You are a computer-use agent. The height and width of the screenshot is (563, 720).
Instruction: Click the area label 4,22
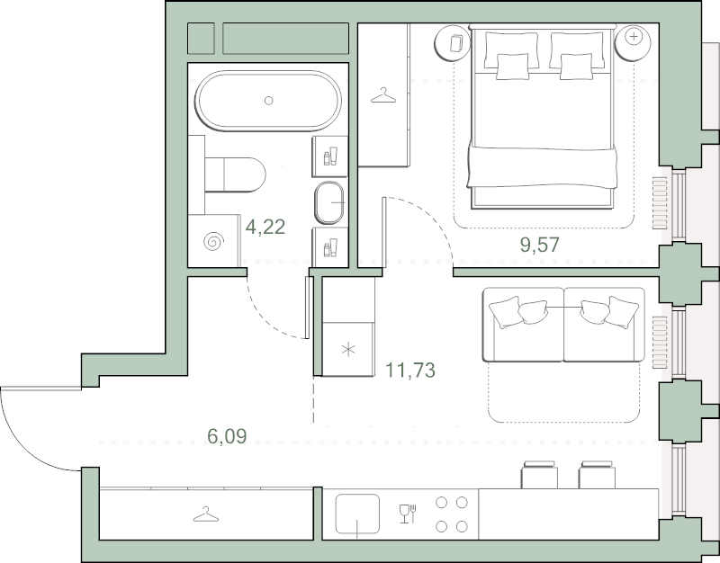pos(265,227)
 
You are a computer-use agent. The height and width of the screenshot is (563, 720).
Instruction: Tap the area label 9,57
pos(539,245)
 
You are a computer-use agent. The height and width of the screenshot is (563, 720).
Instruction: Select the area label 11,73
pos(410,370)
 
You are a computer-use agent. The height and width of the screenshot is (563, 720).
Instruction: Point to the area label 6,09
pos(227,436)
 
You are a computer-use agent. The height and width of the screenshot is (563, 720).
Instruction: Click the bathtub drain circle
pos(268,101)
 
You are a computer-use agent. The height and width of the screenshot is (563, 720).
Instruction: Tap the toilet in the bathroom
pos(235,174)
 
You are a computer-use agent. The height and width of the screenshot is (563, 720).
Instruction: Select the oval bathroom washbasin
pos(329,202)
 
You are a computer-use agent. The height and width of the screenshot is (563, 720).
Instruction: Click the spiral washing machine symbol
pos(214,241)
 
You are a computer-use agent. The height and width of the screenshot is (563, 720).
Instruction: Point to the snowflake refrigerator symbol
pos(348,350)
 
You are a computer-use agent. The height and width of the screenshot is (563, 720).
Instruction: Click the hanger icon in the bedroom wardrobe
pos(383,96)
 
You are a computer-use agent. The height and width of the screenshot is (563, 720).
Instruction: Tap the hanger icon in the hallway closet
pos(206,514)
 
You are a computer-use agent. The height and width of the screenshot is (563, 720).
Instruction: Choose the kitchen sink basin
pos(357,514)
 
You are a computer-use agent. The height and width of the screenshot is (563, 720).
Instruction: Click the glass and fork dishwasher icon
pos(408,514)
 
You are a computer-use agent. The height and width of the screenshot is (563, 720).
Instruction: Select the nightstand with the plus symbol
pos(634,42)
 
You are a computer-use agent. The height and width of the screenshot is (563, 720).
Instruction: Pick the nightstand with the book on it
pos(453,42)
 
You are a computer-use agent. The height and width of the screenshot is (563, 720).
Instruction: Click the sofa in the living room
pos(563,325)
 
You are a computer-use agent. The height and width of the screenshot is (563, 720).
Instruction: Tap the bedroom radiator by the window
pos(660,203)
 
